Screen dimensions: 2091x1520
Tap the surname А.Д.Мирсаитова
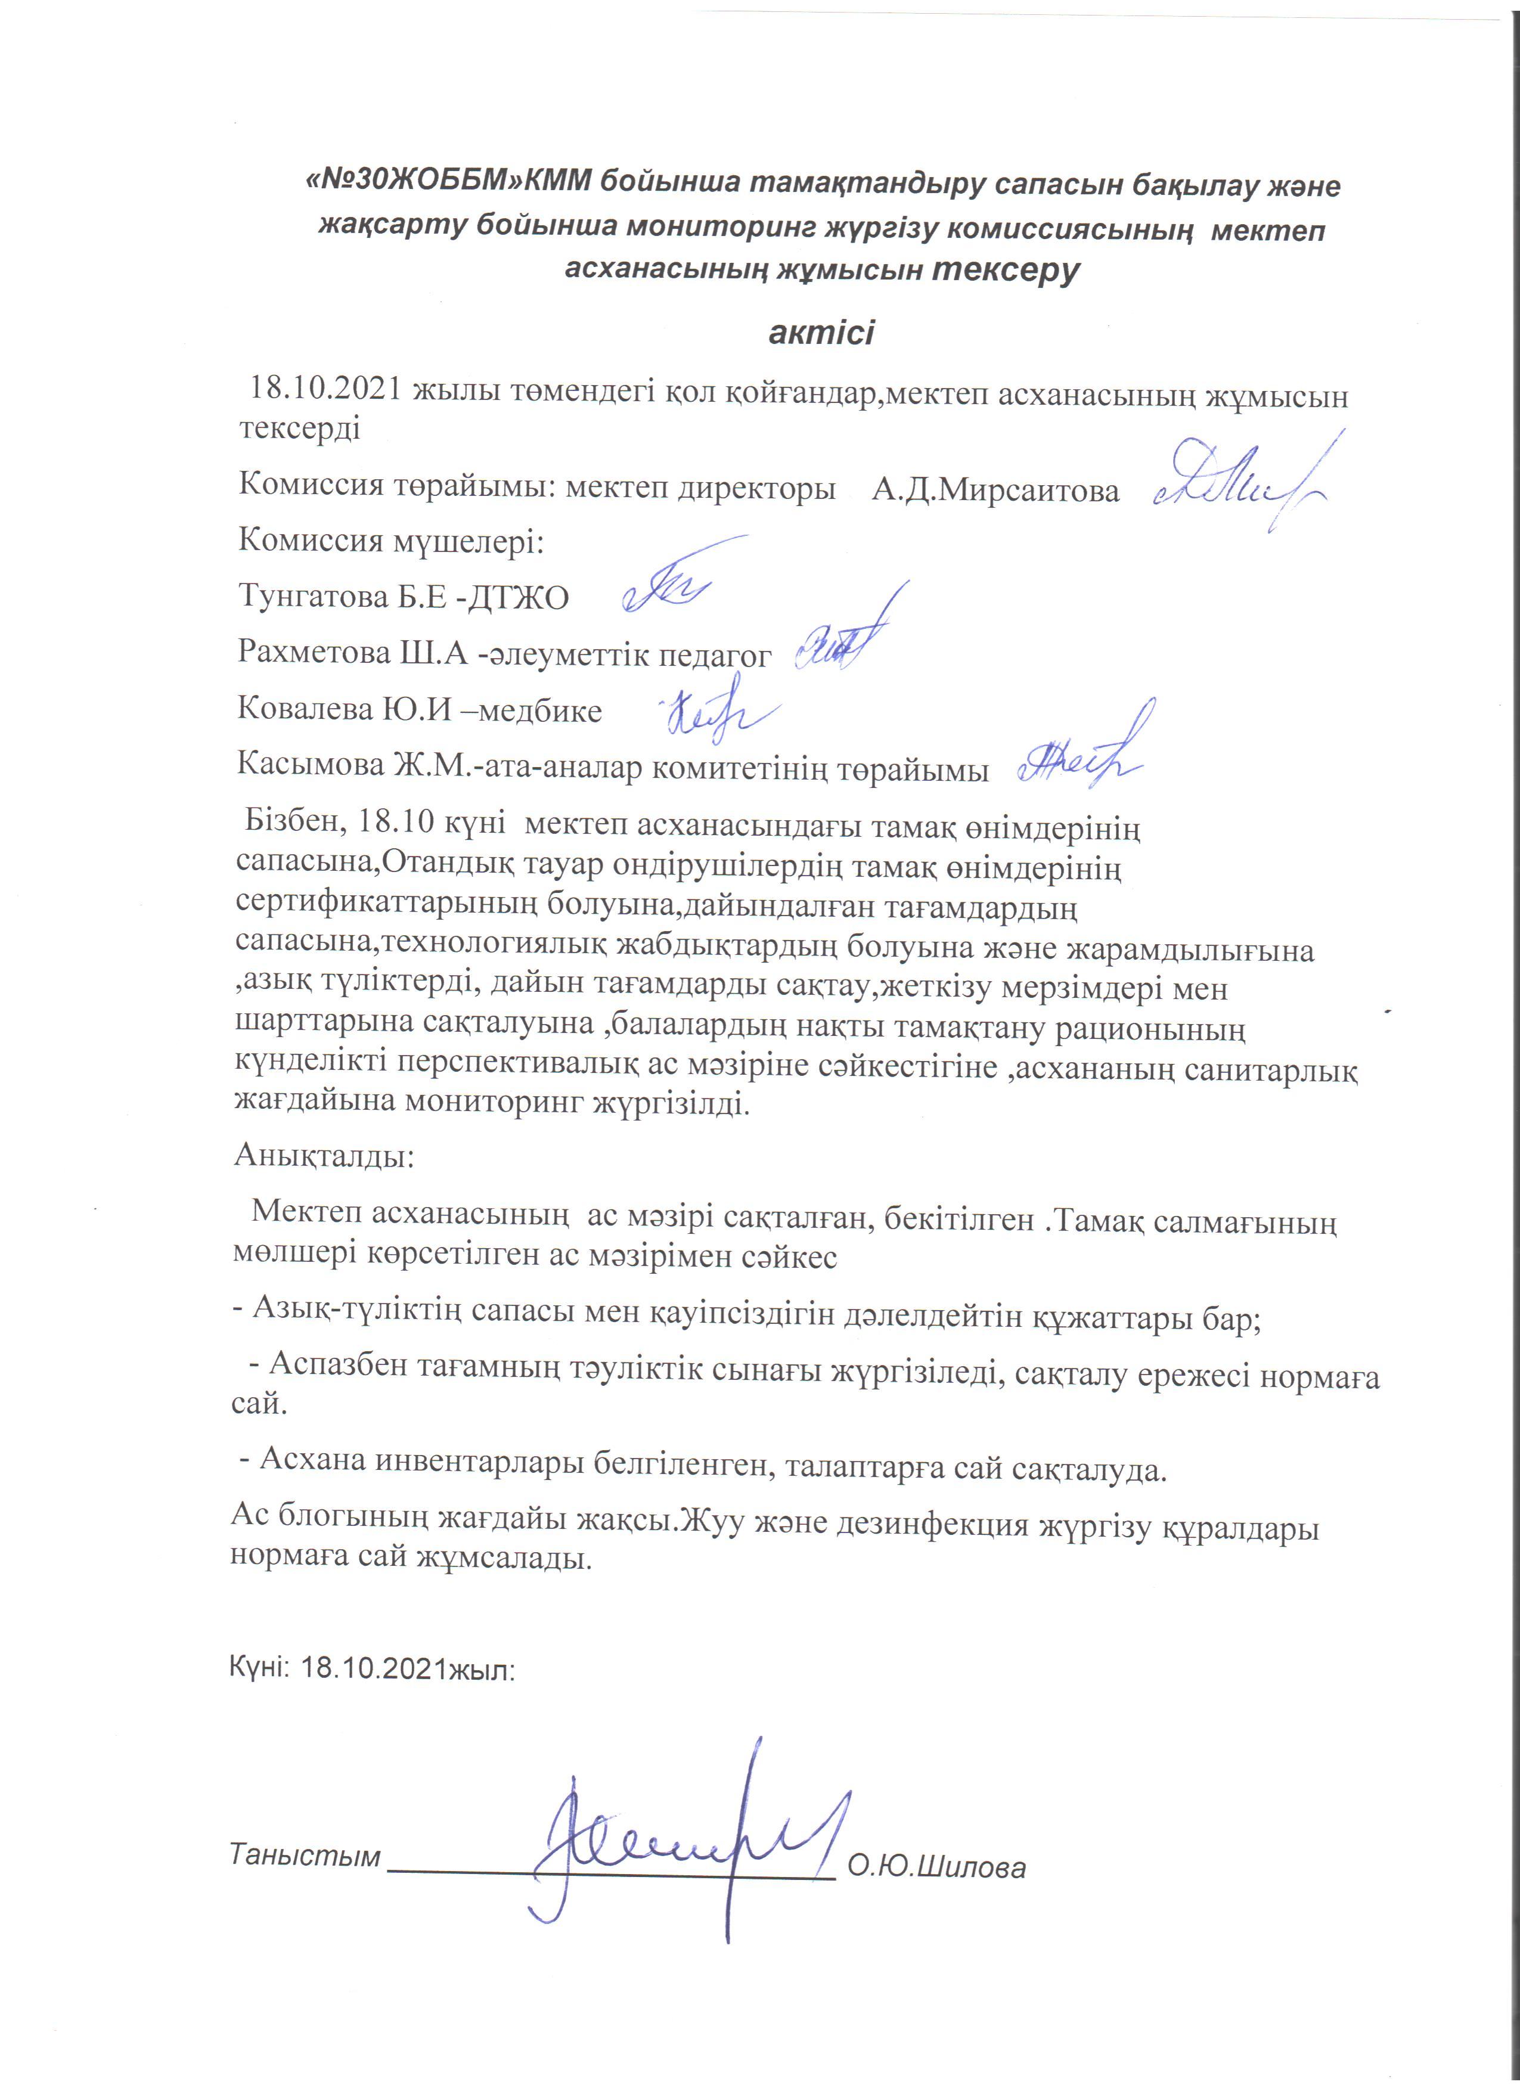pos(995,489)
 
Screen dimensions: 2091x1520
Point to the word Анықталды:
pos(324,1155)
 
